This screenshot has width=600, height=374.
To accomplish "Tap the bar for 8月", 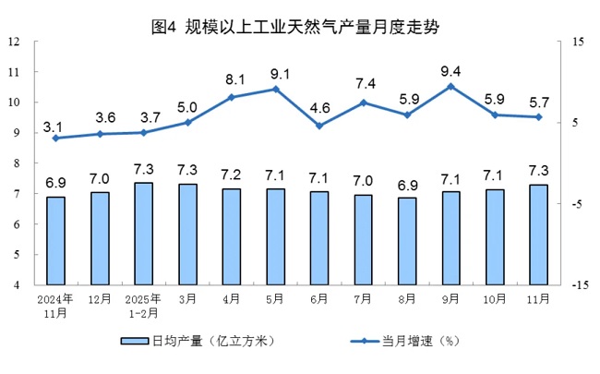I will click(x=407, y=241).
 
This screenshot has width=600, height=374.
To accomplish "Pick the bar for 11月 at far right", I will click(x=539, y=235).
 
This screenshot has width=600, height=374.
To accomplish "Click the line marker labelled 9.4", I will click(x=450, y=86).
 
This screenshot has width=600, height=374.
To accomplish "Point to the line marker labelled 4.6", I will click(x=319, y=126).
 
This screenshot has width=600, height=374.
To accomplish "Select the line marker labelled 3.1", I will click(x=56, y=139).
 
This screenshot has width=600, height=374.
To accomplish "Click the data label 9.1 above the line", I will click(x=275, y=74).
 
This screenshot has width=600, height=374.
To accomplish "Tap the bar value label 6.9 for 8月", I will click(x=407, y=183).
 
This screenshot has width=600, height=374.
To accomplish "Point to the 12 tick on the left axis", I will click(x=16, y=42).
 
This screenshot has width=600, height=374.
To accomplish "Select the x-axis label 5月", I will click(x=275, y=298).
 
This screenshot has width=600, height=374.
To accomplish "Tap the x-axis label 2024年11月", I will click(x=55, y=306).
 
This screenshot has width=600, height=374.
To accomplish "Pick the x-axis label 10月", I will click(x=495, y=298).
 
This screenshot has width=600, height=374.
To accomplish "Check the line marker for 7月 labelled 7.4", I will click(x=363, y=103).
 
